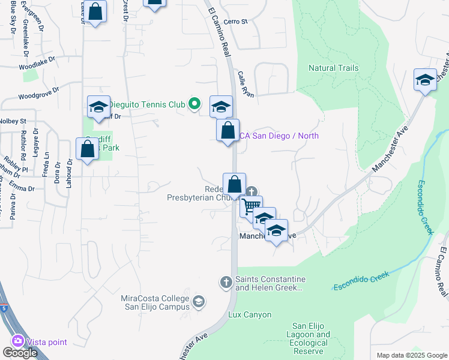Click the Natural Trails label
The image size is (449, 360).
click(x=333, y=68)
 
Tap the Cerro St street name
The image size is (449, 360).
click(x=235, y=22)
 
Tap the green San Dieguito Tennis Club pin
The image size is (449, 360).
click(x=194, y=104)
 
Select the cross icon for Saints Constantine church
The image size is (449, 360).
click(x=226, y=281)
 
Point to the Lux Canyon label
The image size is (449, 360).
click(x=250, y=314)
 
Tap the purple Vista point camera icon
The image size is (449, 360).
click(x=17, y=341)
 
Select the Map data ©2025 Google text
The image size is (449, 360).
click(x=411, y=355)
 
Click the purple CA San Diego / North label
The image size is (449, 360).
click(x=280, y=136)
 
